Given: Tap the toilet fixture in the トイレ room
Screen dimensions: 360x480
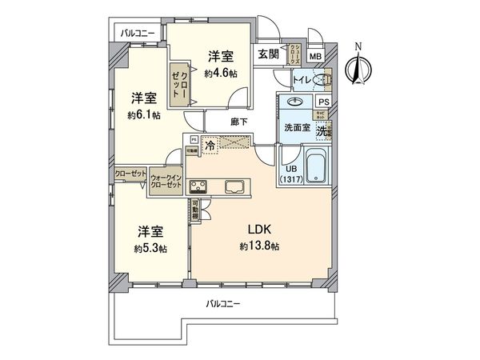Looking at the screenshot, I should click(x=322, y=80).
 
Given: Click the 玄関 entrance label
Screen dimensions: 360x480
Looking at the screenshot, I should click(x=268, y=54).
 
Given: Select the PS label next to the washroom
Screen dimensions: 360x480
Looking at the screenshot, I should click(x=324, y=102).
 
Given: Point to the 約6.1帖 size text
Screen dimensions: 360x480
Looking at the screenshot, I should click(x=145, y=114).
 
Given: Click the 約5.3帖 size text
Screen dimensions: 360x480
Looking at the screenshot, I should click(x=151, y=248).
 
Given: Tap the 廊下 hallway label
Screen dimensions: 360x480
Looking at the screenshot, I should click(x=238, y=122).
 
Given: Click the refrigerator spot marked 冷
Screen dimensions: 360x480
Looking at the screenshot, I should click(x=210, y=146).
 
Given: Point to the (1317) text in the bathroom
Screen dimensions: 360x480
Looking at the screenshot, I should click(x=291, y=179).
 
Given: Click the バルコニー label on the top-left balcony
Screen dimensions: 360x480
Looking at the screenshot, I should click(x=138, y=34).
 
